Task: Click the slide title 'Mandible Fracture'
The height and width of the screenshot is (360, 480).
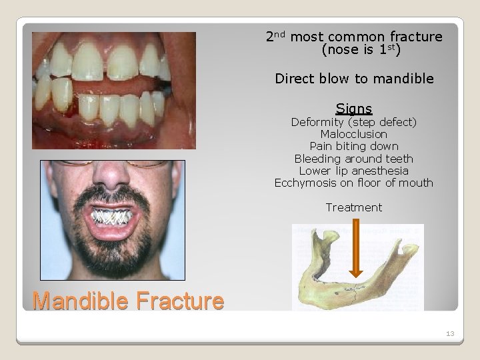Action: (128, 301)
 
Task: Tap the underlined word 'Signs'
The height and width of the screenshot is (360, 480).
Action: (354, 108)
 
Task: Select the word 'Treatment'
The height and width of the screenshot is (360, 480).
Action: (354, 207)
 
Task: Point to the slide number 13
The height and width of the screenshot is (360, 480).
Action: (449, 333)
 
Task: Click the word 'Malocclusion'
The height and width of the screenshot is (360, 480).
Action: (354, 134)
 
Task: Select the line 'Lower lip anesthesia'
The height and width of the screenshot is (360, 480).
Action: (354, 171)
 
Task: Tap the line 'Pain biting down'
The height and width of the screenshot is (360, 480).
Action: (354, 146)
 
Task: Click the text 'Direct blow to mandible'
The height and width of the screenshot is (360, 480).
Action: (354, 79)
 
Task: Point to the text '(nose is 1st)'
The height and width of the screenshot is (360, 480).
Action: (354, 49)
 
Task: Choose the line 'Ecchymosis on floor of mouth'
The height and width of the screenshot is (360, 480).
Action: (354, 183)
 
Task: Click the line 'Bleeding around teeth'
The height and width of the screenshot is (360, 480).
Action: (354, 159)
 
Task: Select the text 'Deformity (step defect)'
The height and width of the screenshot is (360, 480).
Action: (354, 122)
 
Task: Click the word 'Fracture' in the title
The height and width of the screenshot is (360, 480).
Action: (181, 301)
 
